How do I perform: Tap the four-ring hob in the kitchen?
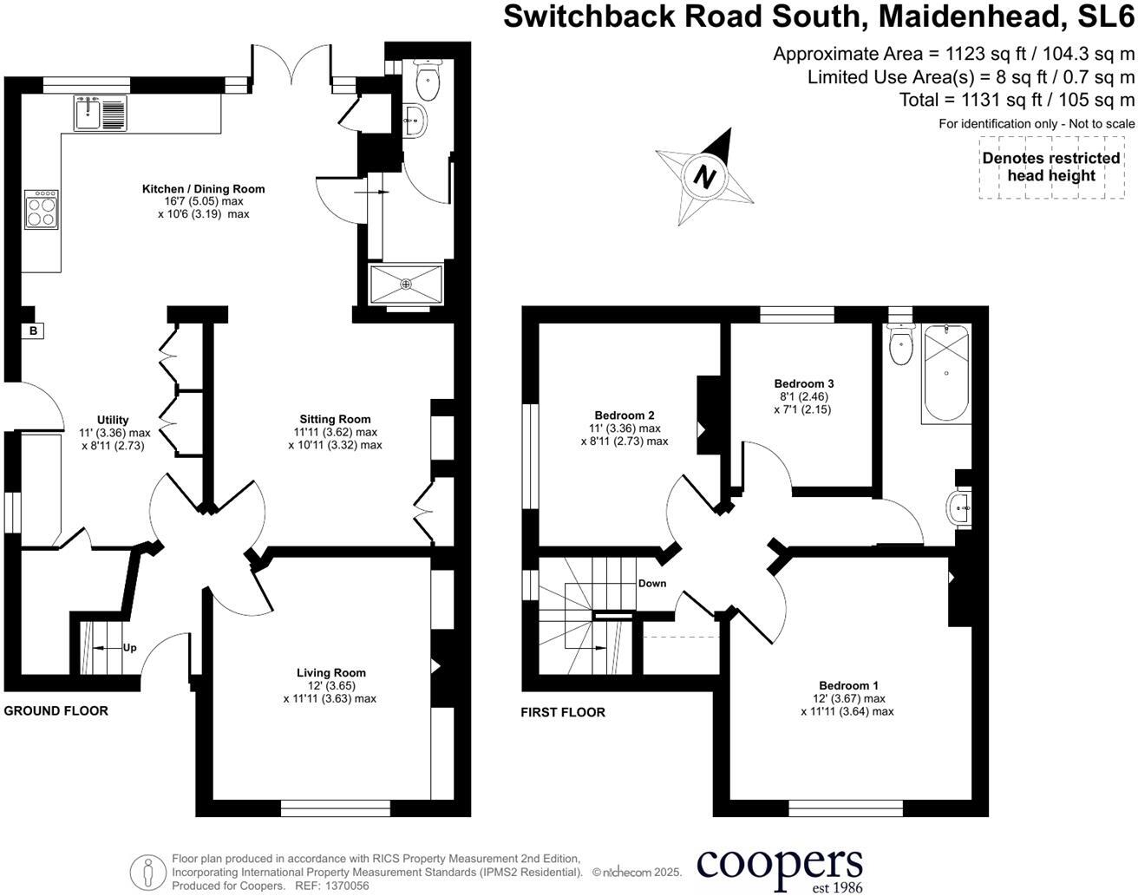point(41,209)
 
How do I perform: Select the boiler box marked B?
point(34,330)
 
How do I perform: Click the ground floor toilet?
point(427,81)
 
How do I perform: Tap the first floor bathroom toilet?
point(901,345)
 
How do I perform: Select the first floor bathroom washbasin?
point(960,508)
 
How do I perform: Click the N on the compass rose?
point(705,177)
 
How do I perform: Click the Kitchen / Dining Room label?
point(204,189)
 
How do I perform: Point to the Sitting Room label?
point(335,420)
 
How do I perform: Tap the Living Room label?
point(330,673)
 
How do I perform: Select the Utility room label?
point(113,421)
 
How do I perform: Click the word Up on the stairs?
point(129,648)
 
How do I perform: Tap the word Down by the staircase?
point(652,584)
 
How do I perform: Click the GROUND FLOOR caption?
point(56,711)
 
